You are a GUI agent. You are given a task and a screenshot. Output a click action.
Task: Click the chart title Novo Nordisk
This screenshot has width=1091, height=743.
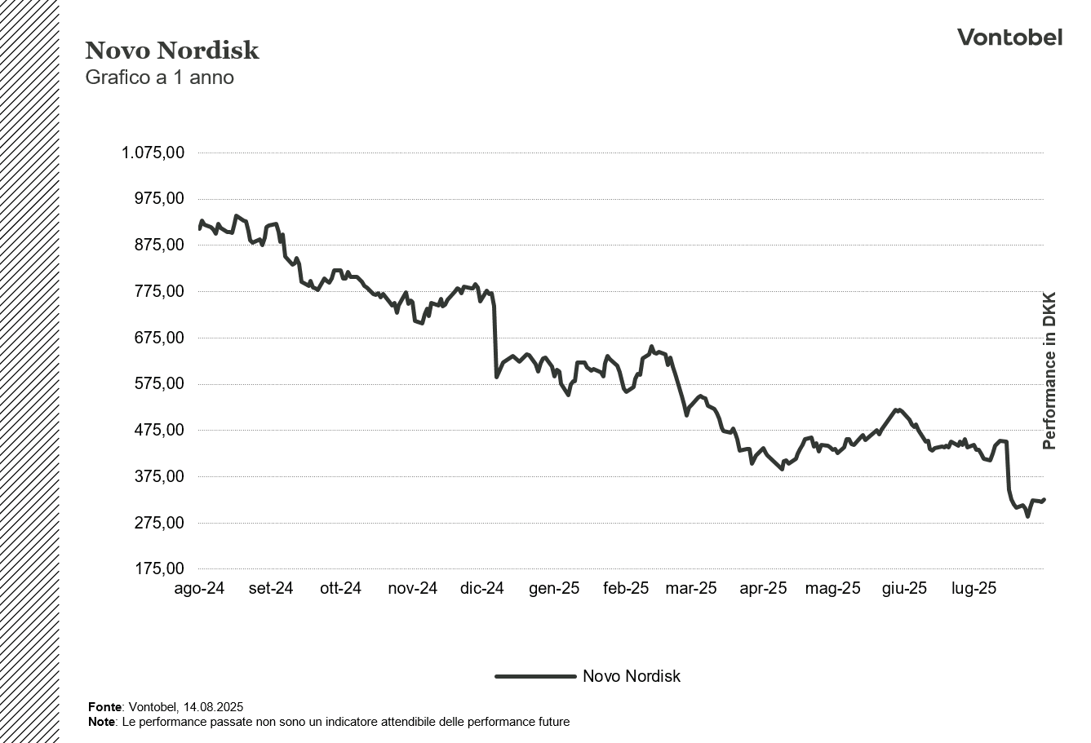tap(171, 51)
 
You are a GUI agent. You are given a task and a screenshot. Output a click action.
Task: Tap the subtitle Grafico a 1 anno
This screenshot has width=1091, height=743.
tap(159, 77)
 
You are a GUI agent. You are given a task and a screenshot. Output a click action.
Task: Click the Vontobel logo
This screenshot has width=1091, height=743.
tap(1009, 37)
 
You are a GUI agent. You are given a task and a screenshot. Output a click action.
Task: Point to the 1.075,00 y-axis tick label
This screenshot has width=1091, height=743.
tap(153, 153)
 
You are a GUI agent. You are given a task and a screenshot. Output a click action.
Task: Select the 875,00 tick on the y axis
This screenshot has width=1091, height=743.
tap(159, 245)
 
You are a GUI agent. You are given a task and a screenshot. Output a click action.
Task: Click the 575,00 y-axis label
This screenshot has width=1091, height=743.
tap(159, 383)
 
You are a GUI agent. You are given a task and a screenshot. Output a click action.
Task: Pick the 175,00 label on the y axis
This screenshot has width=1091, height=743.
tap(159, 568)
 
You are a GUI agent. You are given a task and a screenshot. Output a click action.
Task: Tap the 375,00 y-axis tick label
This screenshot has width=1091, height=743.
tap(159, 476)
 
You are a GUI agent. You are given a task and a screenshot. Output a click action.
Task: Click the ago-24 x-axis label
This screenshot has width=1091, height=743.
tap(199, 588)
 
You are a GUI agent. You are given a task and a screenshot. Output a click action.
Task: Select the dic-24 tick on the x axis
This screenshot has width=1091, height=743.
tap(481, 588)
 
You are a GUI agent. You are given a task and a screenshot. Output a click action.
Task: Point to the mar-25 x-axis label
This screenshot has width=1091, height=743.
tap(690, 588)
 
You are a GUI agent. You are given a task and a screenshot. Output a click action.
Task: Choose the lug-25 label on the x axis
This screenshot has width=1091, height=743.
tap(974, 588)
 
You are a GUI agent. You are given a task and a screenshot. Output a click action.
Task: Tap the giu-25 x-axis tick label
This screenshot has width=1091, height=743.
tap(904, 588)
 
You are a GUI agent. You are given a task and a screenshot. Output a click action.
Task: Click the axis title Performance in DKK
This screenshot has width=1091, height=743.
tap(1049, 370)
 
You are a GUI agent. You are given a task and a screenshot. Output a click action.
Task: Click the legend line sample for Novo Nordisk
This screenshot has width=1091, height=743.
tap(535, 676)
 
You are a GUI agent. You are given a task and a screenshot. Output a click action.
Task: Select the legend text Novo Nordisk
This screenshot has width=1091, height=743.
tap(631, 676)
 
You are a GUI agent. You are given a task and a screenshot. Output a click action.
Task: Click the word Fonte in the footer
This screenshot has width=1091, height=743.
tap(104, 707)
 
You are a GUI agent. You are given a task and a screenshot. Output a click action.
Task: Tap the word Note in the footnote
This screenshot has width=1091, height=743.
tap(102, 722)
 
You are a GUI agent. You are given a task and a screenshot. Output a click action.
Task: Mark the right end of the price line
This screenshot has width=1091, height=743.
tap(1044, 499)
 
